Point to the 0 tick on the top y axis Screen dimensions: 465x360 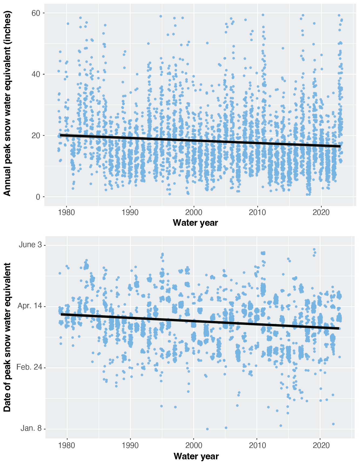[x=38, y=197]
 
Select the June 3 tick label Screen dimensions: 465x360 [x=30, y=245]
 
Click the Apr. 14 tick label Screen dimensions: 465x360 [x=30, y=306]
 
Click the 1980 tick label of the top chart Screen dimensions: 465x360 [x=66, y=212]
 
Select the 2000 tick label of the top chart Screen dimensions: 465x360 [x=194, y=212]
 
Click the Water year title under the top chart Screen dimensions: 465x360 [x=195, y=223]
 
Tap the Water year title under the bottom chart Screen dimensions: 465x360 [x=196, y=456]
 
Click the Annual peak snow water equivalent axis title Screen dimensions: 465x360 [x=8, y=104]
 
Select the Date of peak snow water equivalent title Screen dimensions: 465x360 [x=8, y=337]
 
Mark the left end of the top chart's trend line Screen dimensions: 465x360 [x=61, y=135]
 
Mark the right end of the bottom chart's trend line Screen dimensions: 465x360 [x=339, y=328]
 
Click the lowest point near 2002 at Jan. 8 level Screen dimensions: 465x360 [x=207, y=429]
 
